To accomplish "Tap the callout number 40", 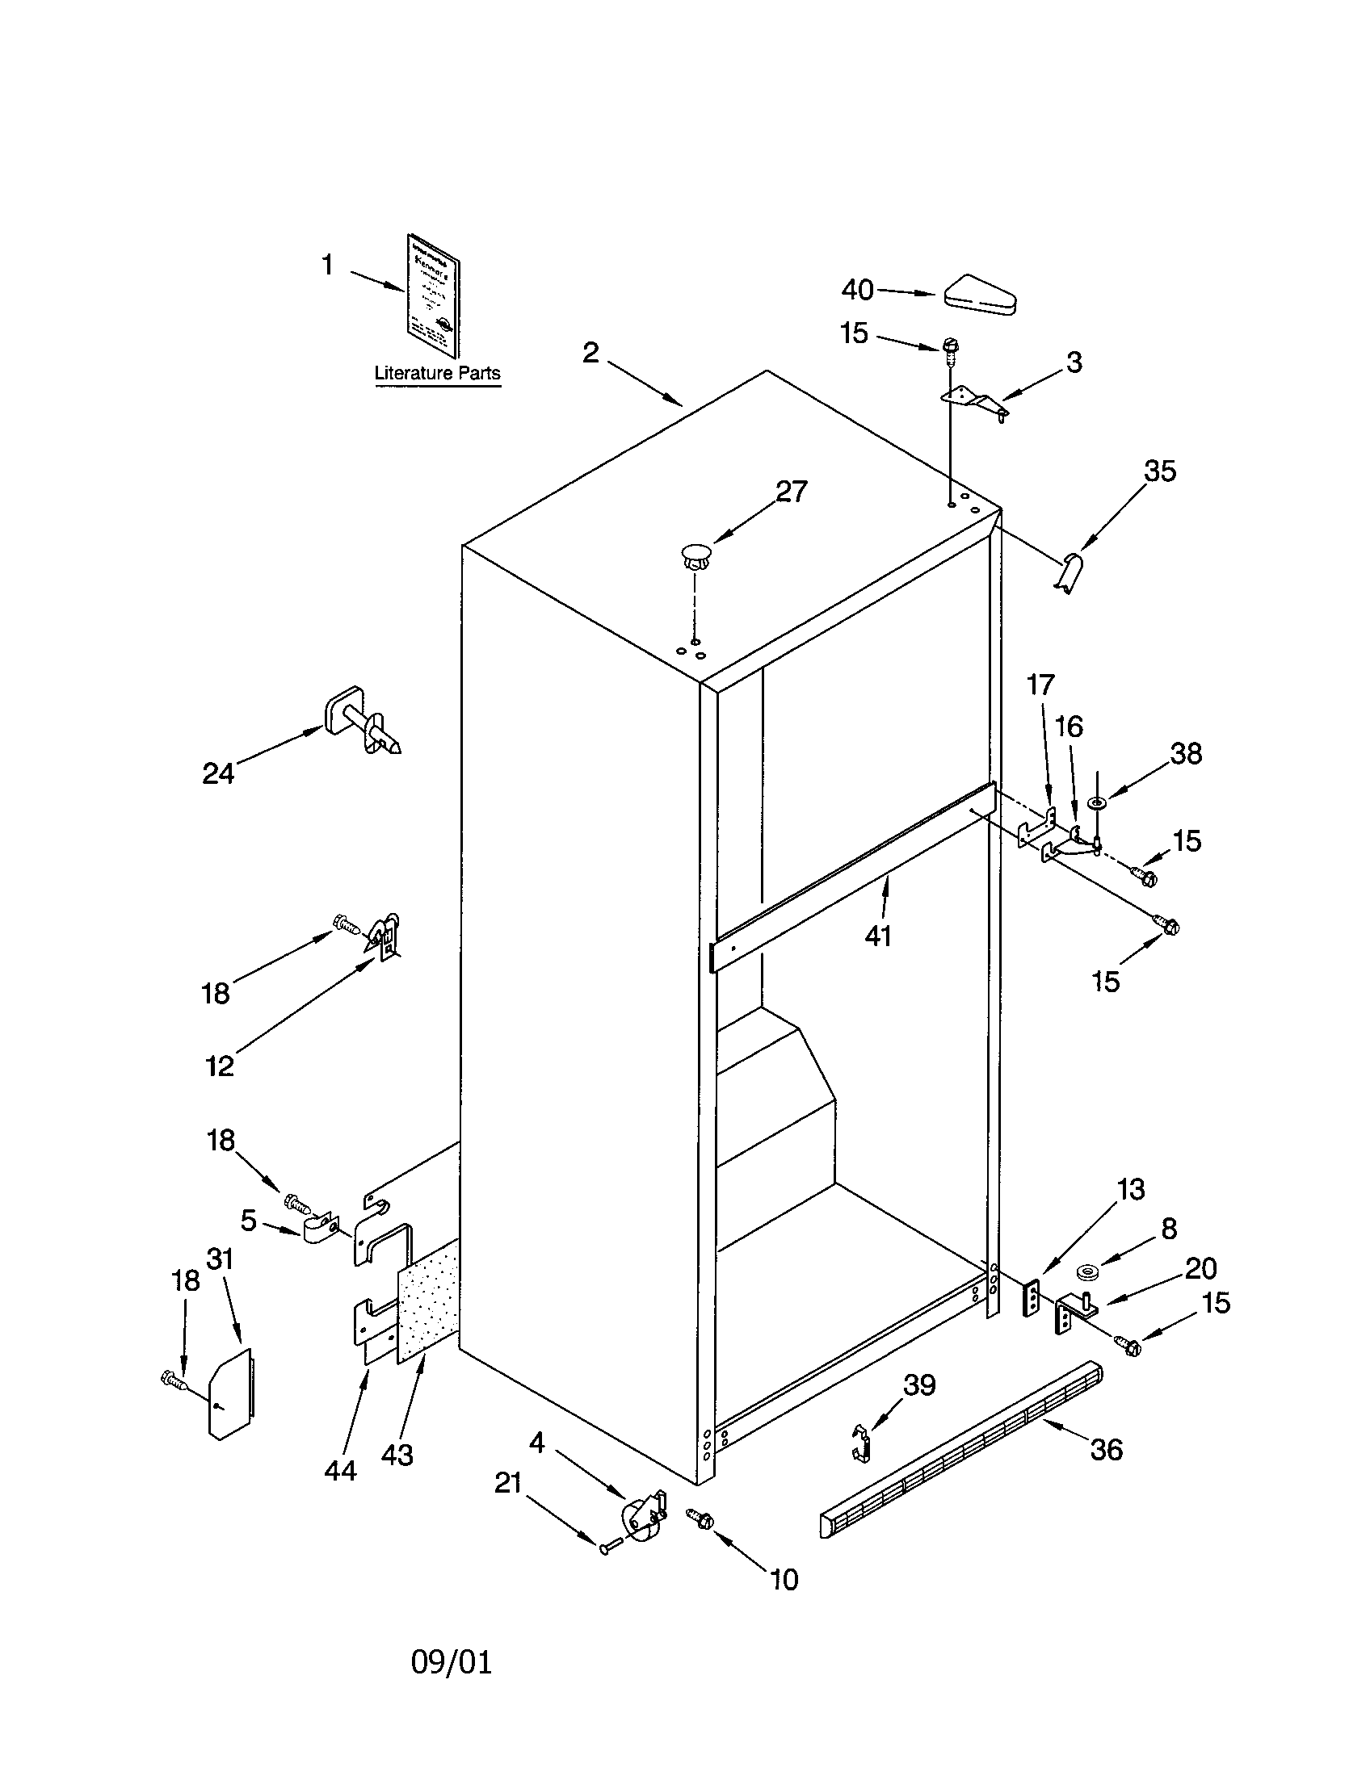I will pos(857,290).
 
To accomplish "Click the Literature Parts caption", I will pos(437,373).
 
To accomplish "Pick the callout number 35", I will pos(1159,471).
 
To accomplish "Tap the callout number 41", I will pos(878,936).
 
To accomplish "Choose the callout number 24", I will pos(218,773).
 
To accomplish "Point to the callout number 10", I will pos(784,1579).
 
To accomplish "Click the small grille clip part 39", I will pos(862,1443).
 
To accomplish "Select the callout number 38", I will pos(1185,754).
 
